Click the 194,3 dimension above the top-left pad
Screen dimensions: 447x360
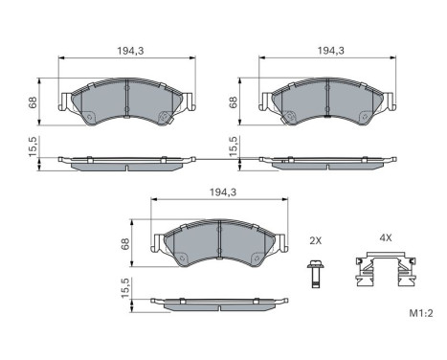(130, 51)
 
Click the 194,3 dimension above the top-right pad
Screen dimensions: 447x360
(331, 51)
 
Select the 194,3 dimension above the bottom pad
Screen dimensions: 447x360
(223, 192)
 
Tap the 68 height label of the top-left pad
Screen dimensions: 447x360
(33, 102)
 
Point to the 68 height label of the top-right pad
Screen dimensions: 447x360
(234, 102)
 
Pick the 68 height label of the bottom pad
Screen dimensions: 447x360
(125, 244)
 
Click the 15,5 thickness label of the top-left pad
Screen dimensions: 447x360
(34, 146)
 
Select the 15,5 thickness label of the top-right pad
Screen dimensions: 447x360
(234, 146)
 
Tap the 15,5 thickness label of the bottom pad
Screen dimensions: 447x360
(125, 288)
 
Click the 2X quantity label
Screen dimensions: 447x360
(315, 240)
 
